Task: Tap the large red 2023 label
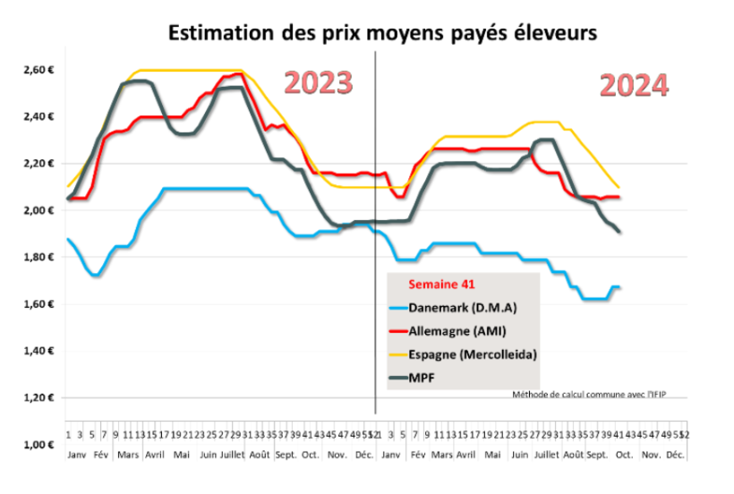click(x=318, y=82)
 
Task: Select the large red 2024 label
click(x=634, y=85)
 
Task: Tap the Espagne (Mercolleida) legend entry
click(x=472, y=354)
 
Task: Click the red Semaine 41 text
click(x=439, y=285)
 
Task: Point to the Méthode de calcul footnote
click(x=602, y=395)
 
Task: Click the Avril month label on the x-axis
click(x=155, y=455)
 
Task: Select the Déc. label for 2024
click(x=675, y=455)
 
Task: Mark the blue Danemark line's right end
click(x=620, y=287)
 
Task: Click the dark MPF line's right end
click(x=620, y=233)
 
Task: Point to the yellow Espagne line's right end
click(x=619, y=187)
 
